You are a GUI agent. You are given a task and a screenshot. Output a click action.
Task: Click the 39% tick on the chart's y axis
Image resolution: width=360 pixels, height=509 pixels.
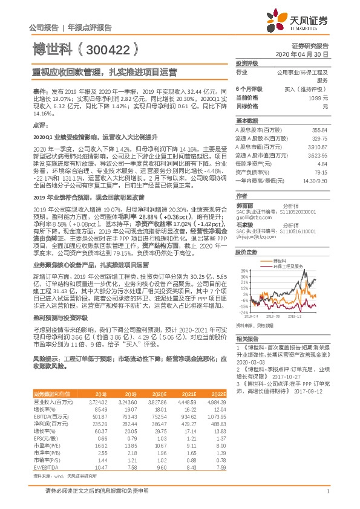(242, 270)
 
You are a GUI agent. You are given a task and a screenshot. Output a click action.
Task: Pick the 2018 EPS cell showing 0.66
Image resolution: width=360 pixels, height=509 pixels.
(101, 422)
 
